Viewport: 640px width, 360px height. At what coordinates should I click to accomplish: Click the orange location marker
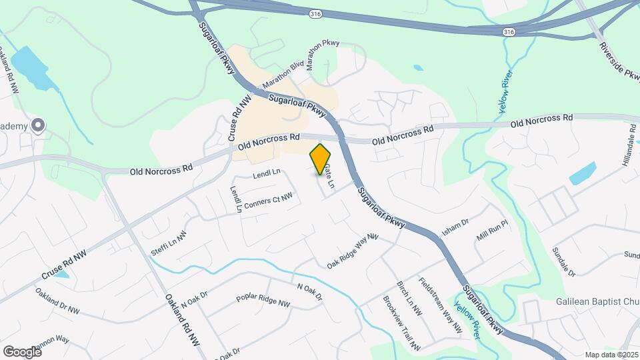[321, 159]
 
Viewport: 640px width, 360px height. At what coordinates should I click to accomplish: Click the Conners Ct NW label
[268, 201]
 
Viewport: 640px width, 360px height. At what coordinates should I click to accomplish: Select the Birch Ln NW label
[409, 297]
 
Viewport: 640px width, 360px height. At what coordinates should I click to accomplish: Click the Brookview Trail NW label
[402, 323]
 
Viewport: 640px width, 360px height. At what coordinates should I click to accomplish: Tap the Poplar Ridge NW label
[263, 300]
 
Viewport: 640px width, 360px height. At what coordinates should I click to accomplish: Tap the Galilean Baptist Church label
[597, 301]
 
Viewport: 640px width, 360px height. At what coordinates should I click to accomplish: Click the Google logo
[22, 351]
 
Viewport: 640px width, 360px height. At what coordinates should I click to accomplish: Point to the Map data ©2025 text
[611, 355]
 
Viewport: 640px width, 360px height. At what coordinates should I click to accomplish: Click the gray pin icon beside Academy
[39, 125]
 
